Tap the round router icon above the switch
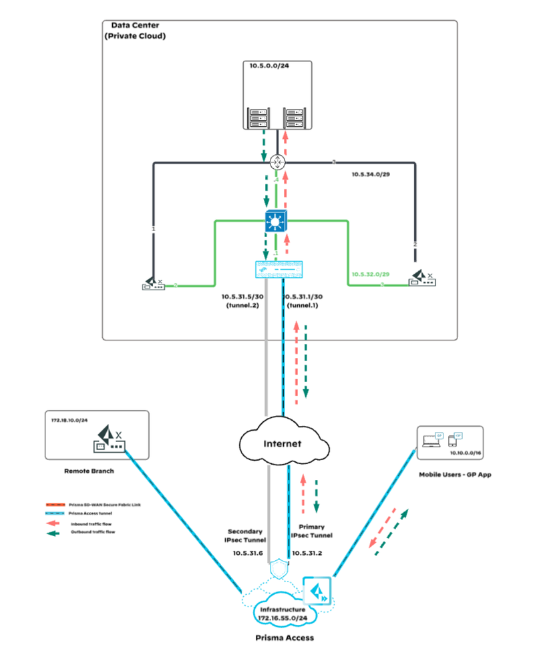pyautogui.click(x=277, y=162)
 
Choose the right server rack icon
pyautogui.click(x=295, y=118)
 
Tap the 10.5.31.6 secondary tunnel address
pyautogui.click(x=248, y=553)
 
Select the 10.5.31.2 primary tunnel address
pyautogui.click(x=308, y=553)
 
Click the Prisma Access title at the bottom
pyautogui.click(x=285, y=638)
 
